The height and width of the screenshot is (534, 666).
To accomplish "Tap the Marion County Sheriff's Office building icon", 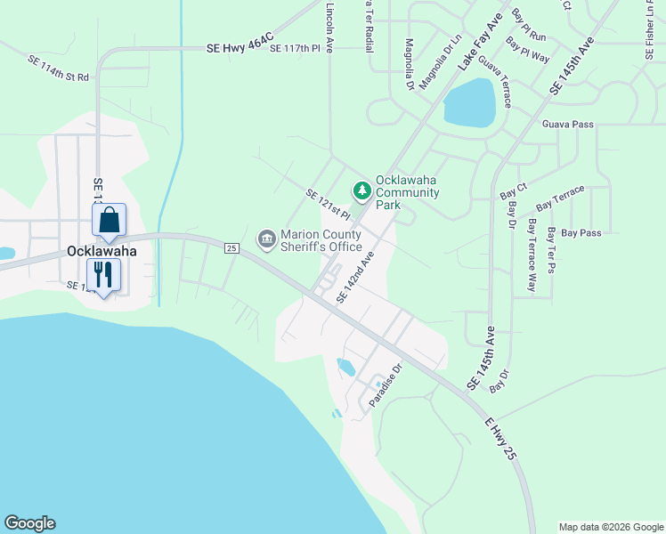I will [x=266, y=239].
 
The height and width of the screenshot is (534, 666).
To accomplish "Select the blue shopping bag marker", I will [x=109, y=221].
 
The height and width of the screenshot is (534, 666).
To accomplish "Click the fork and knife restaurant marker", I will [x=103, y=274].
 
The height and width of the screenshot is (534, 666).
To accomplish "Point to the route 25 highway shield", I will [x=231, y=247].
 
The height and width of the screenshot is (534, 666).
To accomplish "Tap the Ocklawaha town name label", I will [x=102, y=251].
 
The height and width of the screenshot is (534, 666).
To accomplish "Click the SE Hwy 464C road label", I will [x=236, y=48].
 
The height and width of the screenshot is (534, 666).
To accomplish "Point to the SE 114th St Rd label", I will [x=59, y=69].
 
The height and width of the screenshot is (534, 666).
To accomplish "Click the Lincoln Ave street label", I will [x=329, y=27].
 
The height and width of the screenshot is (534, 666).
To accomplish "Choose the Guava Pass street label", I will [x=567, y=125].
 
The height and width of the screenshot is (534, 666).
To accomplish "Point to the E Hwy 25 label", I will [x=501, y=437].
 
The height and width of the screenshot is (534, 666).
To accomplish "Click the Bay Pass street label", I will [x=581, y=233].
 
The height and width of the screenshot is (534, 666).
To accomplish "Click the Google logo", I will [x=29, y=523].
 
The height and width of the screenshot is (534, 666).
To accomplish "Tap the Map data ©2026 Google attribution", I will [x=610, y=527].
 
